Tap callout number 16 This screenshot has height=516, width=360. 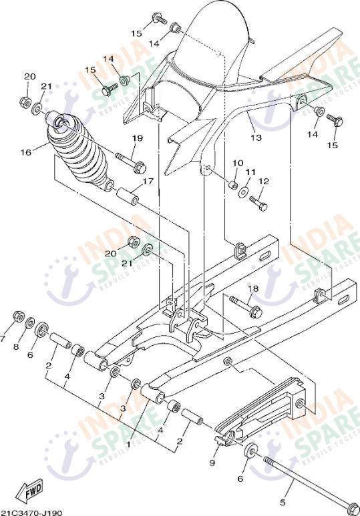25,152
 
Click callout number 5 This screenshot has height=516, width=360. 283,503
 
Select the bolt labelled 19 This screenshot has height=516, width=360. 130,161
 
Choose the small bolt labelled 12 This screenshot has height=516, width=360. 260,205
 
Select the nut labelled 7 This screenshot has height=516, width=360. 19,316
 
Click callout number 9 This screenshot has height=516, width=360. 212,463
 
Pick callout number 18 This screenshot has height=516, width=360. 252,289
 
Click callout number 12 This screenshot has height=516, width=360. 264,181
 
